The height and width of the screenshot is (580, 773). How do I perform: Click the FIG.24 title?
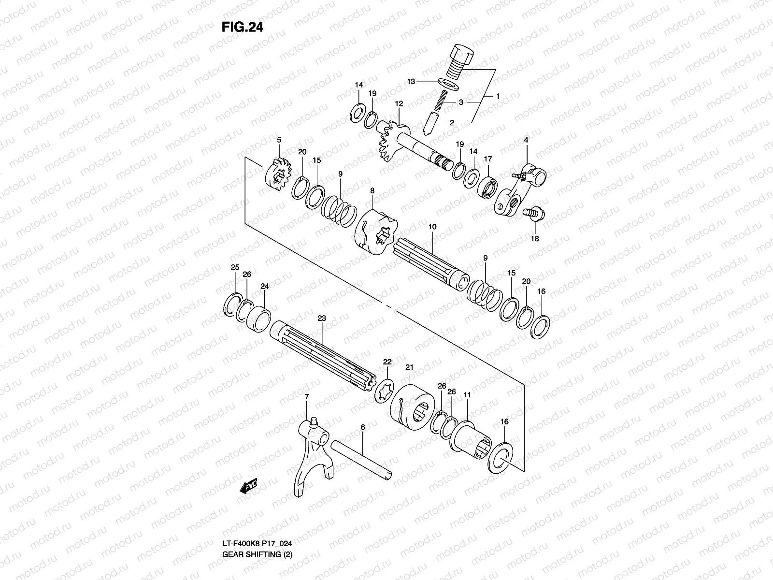pos(242,27)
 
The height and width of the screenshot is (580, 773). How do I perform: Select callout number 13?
pos(411,82)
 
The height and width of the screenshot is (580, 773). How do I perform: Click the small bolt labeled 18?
pos(534,213)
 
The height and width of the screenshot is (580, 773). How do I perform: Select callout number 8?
pos(372,191)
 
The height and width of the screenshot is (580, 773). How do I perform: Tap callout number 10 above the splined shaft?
pos(432,226)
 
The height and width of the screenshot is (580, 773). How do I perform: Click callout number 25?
pos(234,267)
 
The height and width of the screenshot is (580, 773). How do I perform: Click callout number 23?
pos(322,318)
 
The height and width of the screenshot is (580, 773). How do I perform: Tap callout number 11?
pos(467,395)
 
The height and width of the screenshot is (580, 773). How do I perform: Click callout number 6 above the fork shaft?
pos(362,427)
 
